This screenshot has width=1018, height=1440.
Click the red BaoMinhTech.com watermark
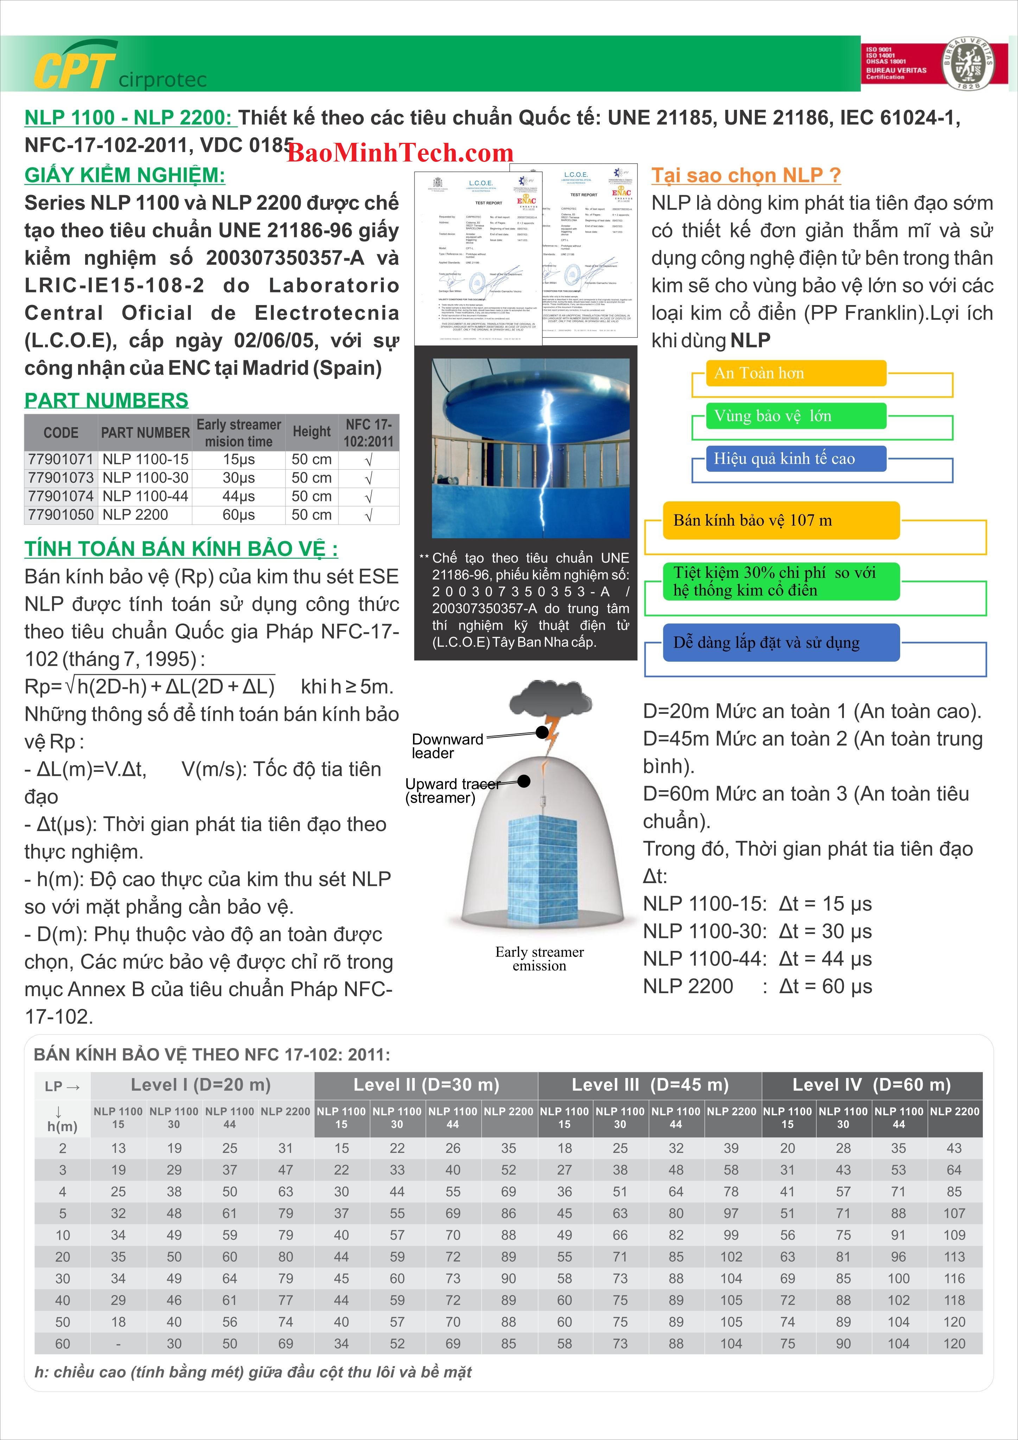click(400, 152)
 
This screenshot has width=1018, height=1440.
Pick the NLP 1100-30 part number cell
click(146, 478)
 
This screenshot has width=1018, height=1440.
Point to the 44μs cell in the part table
click(238, 496)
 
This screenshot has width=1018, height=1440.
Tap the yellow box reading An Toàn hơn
click(795, 373)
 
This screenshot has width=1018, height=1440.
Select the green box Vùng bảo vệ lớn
click(795, 416)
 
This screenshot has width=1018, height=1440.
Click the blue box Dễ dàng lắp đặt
click(781, 642)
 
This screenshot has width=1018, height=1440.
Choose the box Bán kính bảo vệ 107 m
click(781, 520)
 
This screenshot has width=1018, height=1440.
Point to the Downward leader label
click(447, 746)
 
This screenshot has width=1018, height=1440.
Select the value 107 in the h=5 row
click(954, 1213)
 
